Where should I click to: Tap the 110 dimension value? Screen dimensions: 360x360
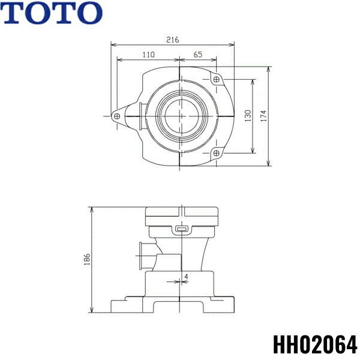[148, 55]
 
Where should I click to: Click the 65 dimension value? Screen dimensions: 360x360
[198, 55]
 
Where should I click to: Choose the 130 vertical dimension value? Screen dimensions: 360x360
[248, 116]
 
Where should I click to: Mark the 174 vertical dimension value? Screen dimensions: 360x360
[264, 116]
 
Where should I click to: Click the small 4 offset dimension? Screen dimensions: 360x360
[187, 277]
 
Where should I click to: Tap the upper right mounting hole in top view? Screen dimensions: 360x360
[216, 79]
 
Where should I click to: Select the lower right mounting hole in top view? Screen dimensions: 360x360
[216, 154]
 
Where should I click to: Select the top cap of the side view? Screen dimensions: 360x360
[180, 214]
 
